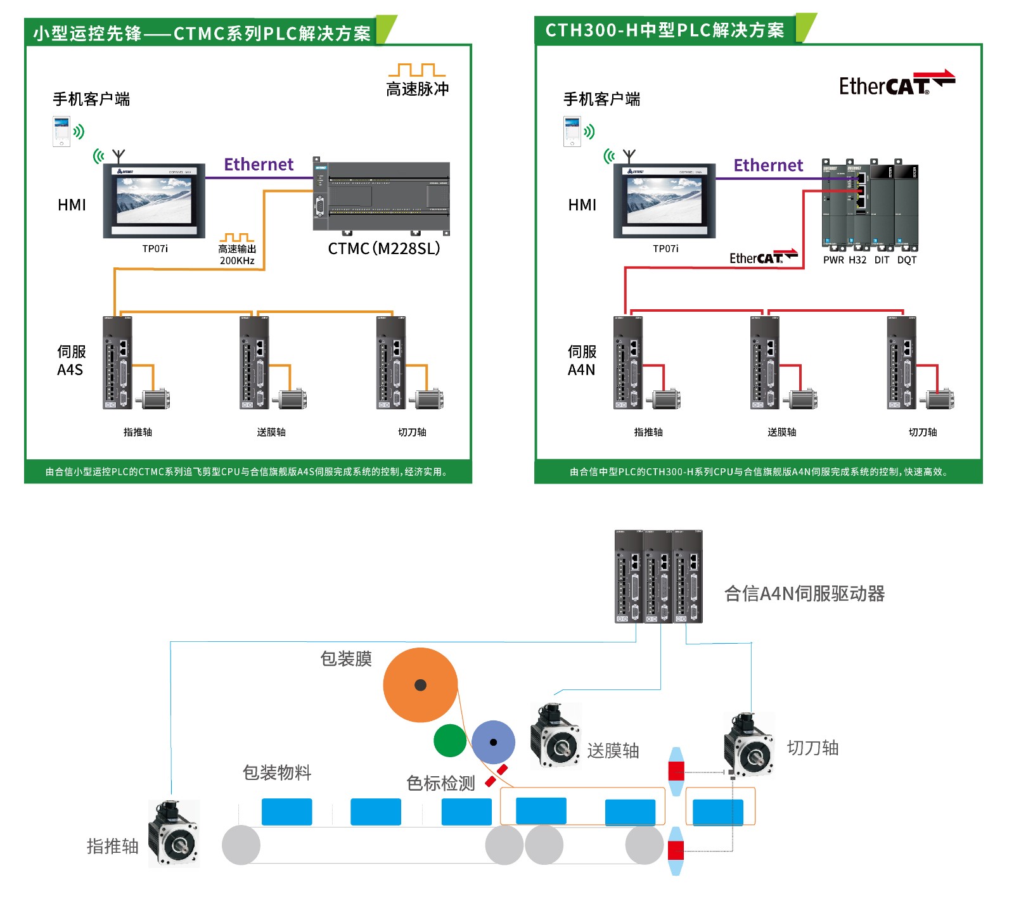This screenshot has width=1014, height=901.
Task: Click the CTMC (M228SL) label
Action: click(383, 248)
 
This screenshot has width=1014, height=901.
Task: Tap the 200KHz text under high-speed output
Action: click(237, 260)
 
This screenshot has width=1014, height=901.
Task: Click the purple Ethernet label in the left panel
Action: click(259, 165)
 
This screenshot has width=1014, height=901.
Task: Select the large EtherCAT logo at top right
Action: click(896, 84)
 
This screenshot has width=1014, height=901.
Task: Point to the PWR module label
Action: click(833, 260)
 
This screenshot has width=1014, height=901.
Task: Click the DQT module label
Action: click(907, 260)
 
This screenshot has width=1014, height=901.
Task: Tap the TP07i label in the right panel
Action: click(665, 248)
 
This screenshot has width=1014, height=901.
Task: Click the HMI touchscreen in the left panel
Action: click(154, 200)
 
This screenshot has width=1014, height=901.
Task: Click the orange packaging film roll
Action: click(420, 685)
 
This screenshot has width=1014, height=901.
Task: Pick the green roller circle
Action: click(450, 740)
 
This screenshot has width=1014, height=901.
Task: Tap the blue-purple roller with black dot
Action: click(493, 742)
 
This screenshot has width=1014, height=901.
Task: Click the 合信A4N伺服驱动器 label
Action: click(804, 594)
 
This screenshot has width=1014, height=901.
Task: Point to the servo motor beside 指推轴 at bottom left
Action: click(174, 833)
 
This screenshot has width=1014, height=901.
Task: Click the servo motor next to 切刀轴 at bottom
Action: click(749, 744)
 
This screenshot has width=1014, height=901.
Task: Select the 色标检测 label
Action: click(440, 783)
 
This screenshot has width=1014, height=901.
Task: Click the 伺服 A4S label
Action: click(71, 361)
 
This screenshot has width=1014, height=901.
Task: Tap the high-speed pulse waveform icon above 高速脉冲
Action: click(417, 70)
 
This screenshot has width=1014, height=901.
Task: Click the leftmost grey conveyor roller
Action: click(241, 845)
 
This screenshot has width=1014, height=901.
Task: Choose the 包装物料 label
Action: click(277, 772)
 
